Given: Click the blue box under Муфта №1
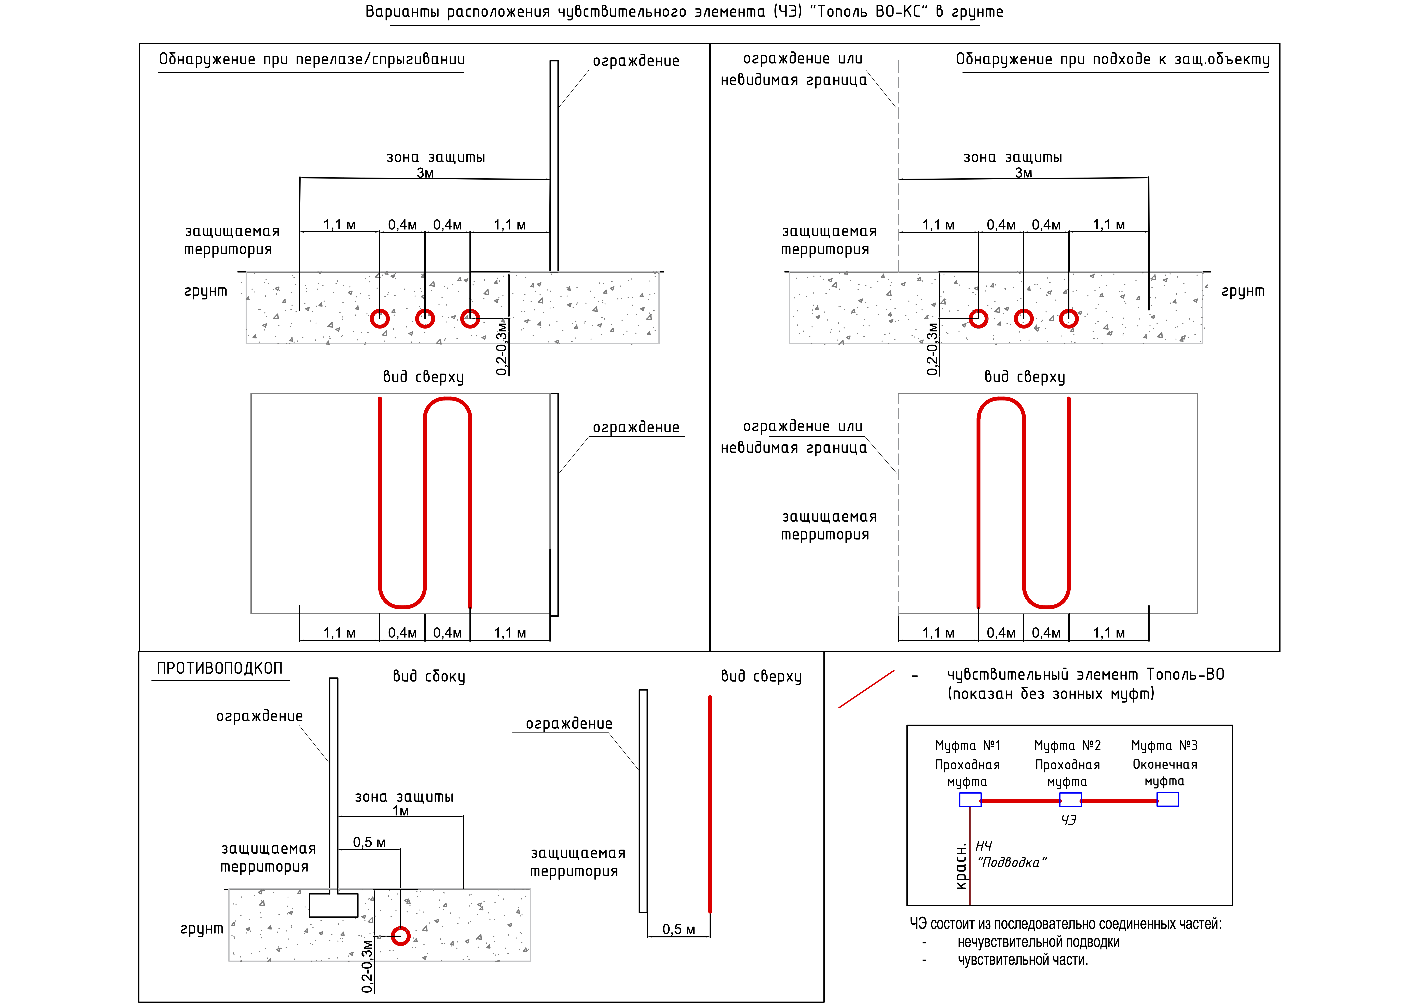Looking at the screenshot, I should pyautogui.click(x=970, y=800).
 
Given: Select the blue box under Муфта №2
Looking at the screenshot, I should pyautogui.click(x=1070, y=800).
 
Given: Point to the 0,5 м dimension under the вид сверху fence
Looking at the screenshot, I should pyautogui.click(x=679, y=929).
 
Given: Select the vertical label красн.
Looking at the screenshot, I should pyautogui.click(x=961, y=867).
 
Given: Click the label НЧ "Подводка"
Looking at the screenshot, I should pyautogui.click(x=1010, y=855).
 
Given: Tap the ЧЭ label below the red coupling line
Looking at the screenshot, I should pyautogui.click(x=1069, y=820).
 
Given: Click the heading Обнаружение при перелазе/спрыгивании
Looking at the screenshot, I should pyautogui.click(x=311, y=59).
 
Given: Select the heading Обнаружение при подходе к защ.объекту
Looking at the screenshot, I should pyautogui.click(x=1113, y=59).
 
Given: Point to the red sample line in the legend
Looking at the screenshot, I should pyautogui.click(x=866, y=689).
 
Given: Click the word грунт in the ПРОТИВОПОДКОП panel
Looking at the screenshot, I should pyautogui.click(x=202, y=928).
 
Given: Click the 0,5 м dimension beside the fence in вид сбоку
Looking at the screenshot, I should pyautogui.click(x=369, y=842).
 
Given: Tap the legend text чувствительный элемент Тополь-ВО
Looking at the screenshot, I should pyautogui.click(x=1085, y=674).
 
